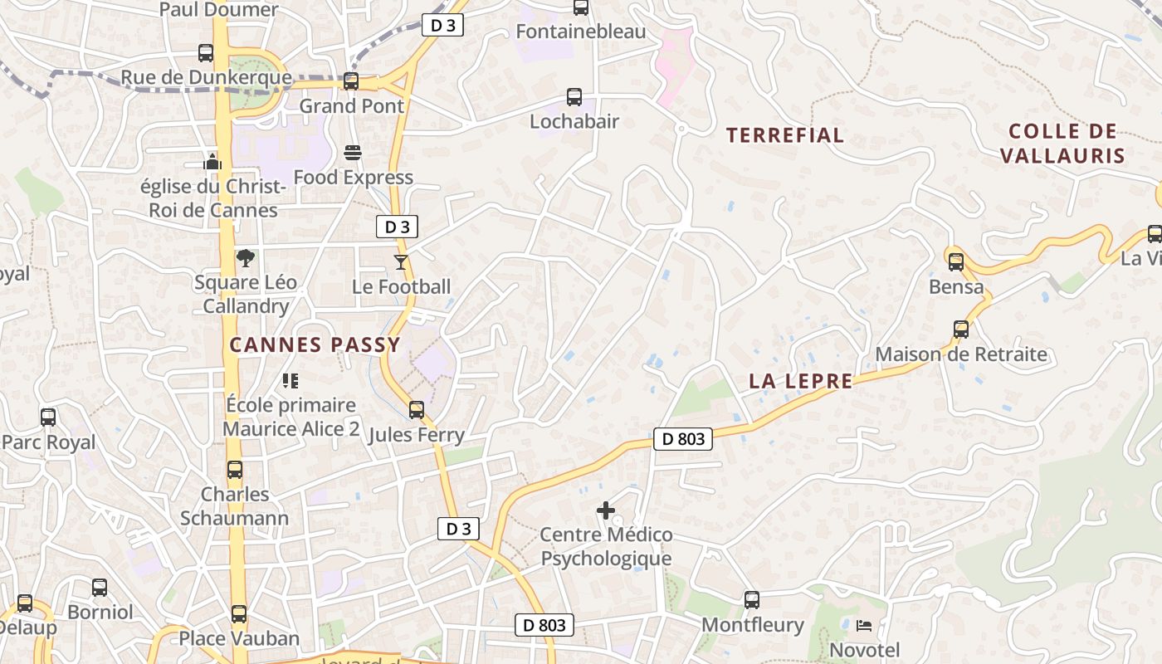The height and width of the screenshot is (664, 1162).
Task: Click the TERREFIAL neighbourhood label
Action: [x=785, y=135]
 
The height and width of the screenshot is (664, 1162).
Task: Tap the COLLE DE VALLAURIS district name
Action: [x=1062, y=144]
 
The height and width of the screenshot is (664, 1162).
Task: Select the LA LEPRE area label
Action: [x=800, y=381]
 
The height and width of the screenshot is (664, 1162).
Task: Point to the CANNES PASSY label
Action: [x=315, y=344]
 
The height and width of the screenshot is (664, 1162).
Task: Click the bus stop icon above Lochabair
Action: [x=574, y=97]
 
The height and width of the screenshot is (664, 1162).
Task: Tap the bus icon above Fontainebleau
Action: [x=581, y=7]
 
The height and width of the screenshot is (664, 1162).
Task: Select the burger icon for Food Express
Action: [x=353, y=153]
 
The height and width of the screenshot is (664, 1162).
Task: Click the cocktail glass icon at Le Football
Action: [x=401, y=262]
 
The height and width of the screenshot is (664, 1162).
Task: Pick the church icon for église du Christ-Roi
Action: [x=213, y=162]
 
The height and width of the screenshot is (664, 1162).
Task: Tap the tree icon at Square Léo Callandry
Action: [x=245, y=258]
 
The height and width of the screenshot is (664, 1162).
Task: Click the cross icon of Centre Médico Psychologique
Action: [x=606, y=510]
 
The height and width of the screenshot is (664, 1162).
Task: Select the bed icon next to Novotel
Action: [x=864, y=625]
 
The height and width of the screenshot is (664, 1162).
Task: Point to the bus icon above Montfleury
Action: [x=752, y=599]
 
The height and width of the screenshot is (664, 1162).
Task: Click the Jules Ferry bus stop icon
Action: [x=417, y=409]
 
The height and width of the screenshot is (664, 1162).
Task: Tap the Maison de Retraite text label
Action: [x=961, y=354]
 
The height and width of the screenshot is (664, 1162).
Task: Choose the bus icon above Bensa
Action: [x=956, y=262]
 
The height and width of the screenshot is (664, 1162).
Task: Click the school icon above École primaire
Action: [x=290, y=381]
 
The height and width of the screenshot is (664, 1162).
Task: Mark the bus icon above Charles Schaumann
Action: [x=235, y=470]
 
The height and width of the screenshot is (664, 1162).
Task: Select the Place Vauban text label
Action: [x=239, y=638]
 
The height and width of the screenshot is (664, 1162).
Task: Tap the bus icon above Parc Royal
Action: [x=48, y=417]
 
